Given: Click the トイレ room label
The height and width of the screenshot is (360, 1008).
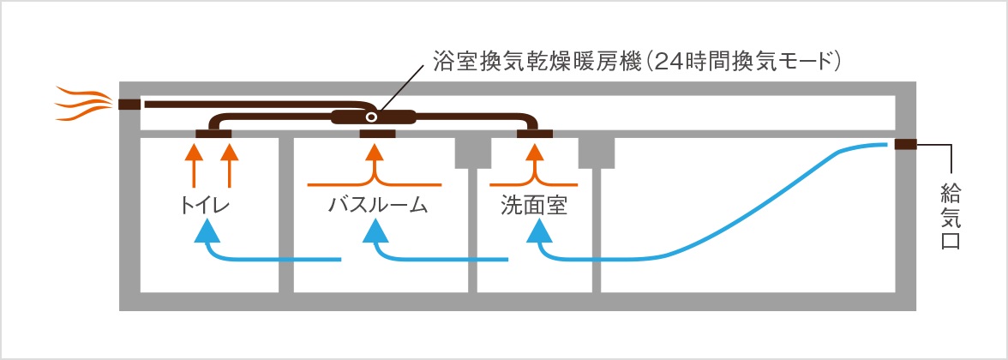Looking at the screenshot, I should [207, 207].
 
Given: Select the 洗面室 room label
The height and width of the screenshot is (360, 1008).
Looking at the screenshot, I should [534, 207].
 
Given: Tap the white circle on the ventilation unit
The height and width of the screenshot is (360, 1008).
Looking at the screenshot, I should [370, 117].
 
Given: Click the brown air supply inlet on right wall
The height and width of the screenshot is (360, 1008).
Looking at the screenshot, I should [906, 144].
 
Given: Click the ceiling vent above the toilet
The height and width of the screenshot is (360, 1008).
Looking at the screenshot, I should [213, 133].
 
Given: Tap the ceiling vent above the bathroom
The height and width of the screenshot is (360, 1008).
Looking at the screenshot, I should [377, 133].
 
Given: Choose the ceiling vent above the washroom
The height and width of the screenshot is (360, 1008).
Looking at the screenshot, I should [535, 133].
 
